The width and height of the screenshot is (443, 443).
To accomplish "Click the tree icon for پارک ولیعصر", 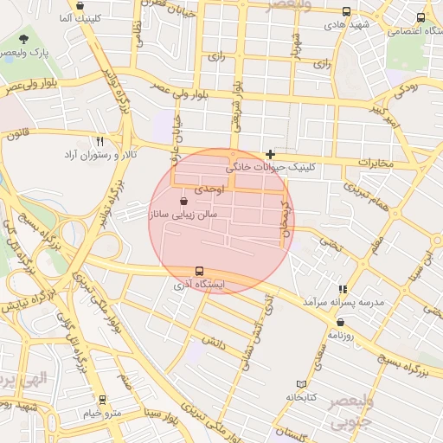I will (22, 40).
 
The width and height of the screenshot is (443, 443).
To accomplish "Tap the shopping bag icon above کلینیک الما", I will (80, 6).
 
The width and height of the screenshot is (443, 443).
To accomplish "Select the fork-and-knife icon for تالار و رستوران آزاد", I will (100, 141).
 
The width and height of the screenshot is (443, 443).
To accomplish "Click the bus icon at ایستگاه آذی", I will (200, 271).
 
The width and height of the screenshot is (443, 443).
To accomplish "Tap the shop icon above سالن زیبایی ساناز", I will (183, 202).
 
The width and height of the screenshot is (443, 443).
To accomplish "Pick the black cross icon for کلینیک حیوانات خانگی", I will (270, 153).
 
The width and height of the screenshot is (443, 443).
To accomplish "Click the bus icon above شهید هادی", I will (346, 12).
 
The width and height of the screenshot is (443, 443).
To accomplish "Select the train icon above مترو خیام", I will (103, 400).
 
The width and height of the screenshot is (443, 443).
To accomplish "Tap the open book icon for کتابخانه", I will (301, 384).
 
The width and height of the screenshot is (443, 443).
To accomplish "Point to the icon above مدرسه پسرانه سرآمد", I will (343, 289).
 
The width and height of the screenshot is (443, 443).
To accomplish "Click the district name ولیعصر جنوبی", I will (352, 413).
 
